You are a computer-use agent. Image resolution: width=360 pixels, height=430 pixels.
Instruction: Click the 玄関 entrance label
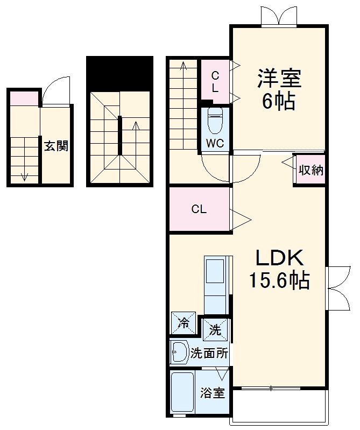[56, 146]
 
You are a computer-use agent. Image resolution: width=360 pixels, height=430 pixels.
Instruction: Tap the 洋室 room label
[279, 79]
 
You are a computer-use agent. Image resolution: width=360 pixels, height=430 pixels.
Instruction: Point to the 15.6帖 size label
[279, 280]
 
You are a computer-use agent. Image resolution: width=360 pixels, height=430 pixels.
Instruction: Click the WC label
[215, 144]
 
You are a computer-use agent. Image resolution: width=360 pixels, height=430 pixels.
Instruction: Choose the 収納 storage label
[310, 170]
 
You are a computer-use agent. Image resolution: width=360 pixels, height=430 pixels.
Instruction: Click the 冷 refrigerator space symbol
[184, 323]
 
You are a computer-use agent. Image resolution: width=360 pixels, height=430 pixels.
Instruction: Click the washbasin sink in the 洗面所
[178, 353]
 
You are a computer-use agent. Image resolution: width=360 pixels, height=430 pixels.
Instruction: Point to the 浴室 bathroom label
[212, 393]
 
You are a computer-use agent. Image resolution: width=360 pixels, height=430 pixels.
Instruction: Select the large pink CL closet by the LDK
[199, 209]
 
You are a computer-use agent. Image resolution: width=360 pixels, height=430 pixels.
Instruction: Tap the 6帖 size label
[279, 101]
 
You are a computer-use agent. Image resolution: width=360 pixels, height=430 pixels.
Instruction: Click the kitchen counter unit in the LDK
[216, 285]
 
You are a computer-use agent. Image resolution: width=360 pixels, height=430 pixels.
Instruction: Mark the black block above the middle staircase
[119, 73]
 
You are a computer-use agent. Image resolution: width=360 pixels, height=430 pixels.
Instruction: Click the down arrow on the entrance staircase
[24, 174]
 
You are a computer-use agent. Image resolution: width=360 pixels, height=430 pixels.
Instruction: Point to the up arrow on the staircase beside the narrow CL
[183, 67]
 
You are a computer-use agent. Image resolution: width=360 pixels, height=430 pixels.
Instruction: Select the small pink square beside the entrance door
[24, 98]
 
